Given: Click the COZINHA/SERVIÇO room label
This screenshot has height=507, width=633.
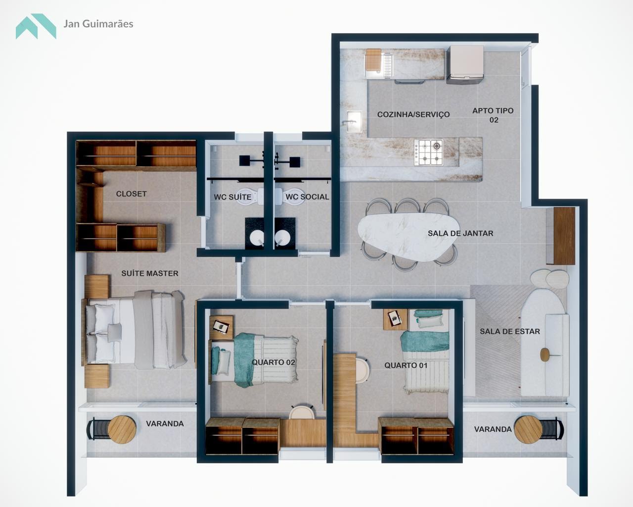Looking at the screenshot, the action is click(x=413, y=114).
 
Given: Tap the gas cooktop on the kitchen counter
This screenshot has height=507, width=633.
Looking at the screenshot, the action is click(x=429, y=152).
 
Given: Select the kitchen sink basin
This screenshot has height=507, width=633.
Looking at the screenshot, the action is click(x=354, y=121).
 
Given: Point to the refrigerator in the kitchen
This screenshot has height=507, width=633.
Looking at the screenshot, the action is click(x=465, y=64).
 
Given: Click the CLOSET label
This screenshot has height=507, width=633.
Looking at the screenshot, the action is click(x=131, y=194).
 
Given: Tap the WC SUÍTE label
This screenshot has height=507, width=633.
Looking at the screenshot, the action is click(x=232, y=197).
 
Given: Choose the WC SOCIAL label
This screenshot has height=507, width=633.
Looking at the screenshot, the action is click(x=308, y=197).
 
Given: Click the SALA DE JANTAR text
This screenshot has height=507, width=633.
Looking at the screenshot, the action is click(x=460, y=233).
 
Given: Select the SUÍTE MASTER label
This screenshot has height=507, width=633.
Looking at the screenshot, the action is click(x=150, y=273).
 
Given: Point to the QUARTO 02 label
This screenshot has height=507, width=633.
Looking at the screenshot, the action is click(x=273, y=362).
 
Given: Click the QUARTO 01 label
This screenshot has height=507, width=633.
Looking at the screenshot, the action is click(x=406, y=365).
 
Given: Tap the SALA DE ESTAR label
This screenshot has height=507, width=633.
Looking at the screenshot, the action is click(x=510, y=331).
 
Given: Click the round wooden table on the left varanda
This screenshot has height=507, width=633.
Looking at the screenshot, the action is click(x=122, y=430).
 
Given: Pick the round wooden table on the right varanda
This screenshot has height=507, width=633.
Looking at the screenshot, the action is click(x=528, y=430).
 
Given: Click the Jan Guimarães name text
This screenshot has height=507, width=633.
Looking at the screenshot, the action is click(x=98, y=24).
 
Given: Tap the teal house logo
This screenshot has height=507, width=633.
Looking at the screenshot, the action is click(x=36, y=26).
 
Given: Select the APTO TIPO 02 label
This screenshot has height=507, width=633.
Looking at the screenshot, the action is click(x=493, y=115).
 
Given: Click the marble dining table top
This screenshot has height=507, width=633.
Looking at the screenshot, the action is click(x=407, y=237).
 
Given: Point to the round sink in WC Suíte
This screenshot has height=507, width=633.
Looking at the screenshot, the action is click(x=257, y=238).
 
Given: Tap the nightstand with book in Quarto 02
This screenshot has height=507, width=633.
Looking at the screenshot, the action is click(x=221, y=327).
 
